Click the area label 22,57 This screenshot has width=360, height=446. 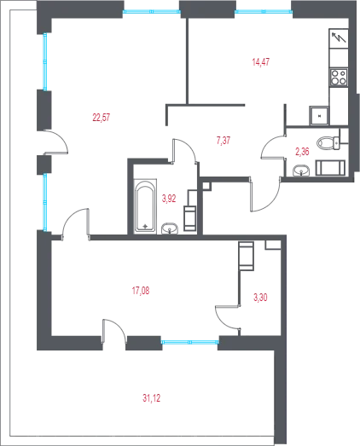pyautogui.click(x=101, y=117)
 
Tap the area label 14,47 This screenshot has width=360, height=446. pyautogui.click(x=261, y=61)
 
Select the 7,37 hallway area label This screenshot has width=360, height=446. pyautogui.click(x=224, y=141)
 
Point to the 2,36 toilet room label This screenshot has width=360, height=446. pyautogui.click(x=302, y=152)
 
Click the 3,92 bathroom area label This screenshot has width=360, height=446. pyautogui.click(x=169, y=199)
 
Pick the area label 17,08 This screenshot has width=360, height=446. pyautogui.click(x=141, y=291)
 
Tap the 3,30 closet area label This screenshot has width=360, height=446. pyautogui.click(x=260, y=298)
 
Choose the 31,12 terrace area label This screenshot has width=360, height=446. pyautogui.click(x=151, y=398)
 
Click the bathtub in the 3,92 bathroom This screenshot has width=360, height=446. pyautogui.click(x=145, y=206)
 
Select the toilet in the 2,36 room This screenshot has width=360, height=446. pyautogui.click(x=328, y=142)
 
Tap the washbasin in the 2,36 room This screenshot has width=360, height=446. pyautogui.click(x=301, y=170)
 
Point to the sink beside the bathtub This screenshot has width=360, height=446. pyautogui.click(x=170, y=229)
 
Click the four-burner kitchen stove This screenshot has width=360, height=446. pyautogui.click(x=339, y=78)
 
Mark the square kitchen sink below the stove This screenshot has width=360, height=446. pyautogui.click(x=319, y=115)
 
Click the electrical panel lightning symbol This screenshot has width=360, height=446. pyautogui.click(x=339, y=38)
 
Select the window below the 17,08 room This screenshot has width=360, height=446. pyautogui.click(x=190, y=342)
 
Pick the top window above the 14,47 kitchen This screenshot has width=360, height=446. pyautogui.click(x=264, y=12)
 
